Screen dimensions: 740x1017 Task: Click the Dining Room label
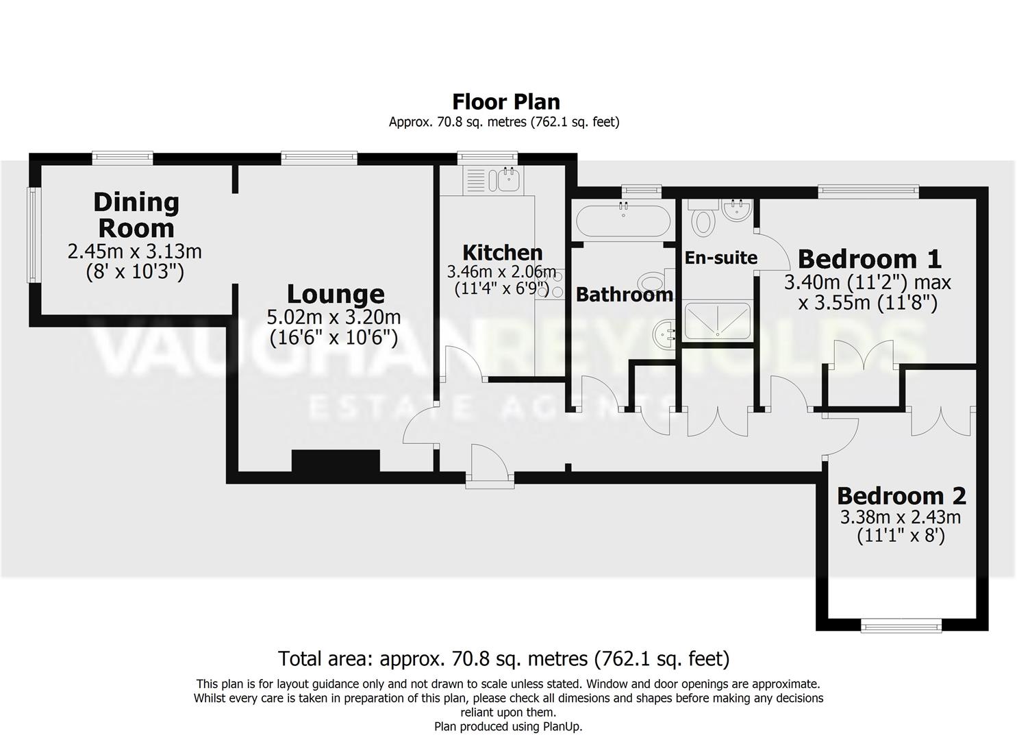tap(136, 214)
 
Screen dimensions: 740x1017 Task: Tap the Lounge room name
tap(335, 294)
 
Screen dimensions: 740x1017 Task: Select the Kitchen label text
tap(502, 252)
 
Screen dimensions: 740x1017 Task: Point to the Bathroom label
tap(624, 295)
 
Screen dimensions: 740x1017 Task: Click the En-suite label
tap(720, 258)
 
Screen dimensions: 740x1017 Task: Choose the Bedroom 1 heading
tap(869, 259)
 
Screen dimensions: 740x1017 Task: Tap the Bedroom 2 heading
tap(901, 495)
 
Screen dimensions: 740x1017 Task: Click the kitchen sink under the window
tap(509, 180)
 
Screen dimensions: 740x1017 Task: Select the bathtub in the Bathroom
tap(623, 221)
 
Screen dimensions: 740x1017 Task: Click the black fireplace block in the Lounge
tap(336, 460)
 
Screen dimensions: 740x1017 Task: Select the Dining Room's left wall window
tap(32, 235)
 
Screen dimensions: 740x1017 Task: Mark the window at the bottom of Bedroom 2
tap(901, 624)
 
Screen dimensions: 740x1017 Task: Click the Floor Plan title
tap(506, 101)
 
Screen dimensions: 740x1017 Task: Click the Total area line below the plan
tap(503, 658)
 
